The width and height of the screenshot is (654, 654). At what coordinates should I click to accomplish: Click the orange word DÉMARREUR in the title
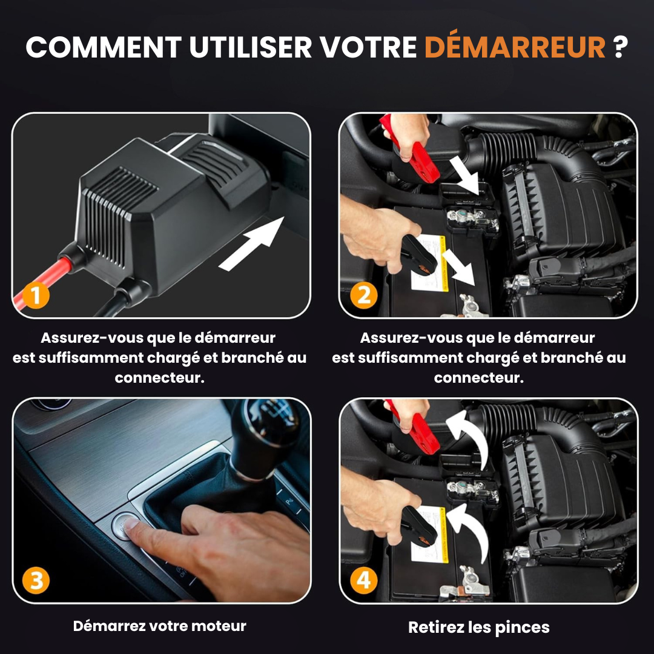[x=515, y=47]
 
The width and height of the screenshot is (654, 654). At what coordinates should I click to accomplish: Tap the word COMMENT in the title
[x=103, y=47]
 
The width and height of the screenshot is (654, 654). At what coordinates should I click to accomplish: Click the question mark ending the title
[x=619, y=47]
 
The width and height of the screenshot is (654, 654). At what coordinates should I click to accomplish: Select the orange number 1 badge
[x=37, y=296]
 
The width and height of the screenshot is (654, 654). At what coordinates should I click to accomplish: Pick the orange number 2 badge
[x=363, y=296]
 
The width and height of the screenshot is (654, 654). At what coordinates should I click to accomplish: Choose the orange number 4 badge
[x=363, y=580]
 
